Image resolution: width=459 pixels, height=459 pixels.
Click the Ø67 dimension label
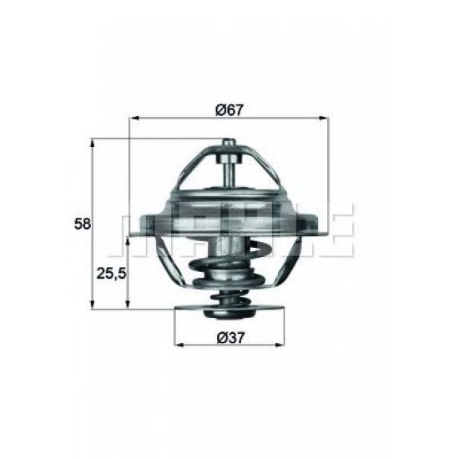click(228, 108)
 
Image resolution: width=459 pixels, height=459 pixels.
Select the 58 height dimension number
click(83, 224)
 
